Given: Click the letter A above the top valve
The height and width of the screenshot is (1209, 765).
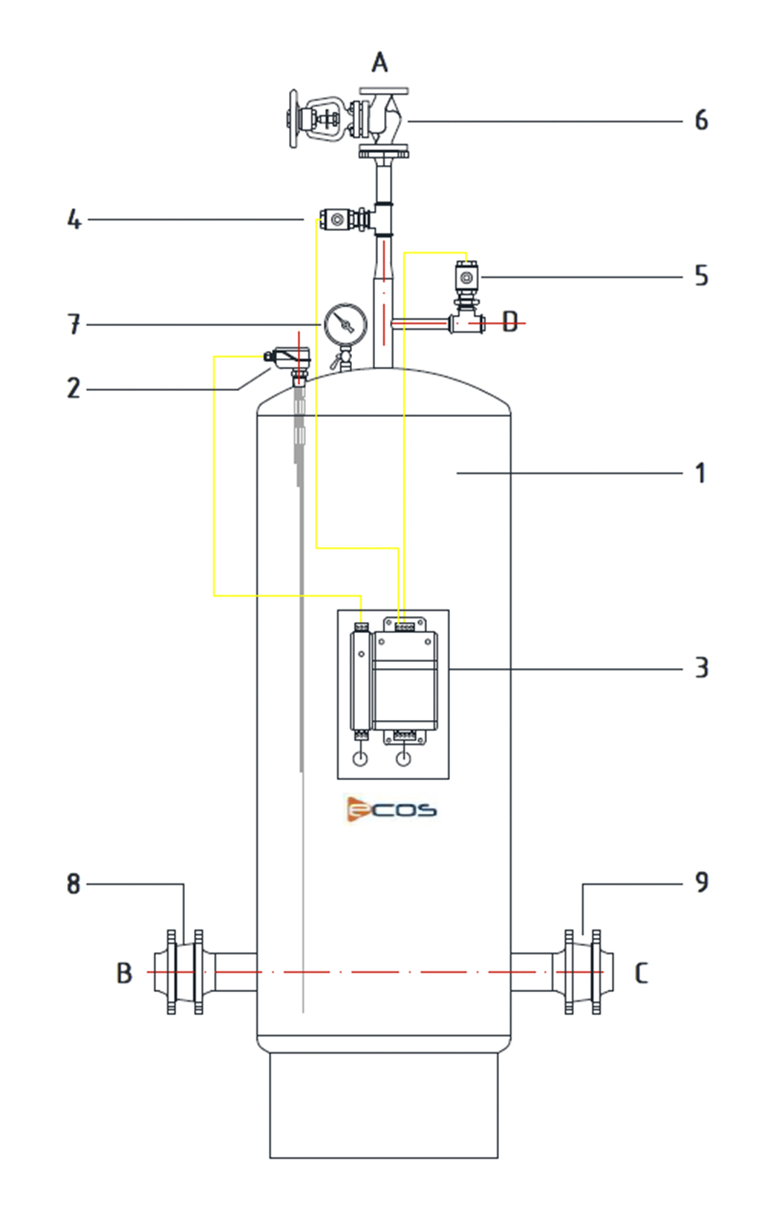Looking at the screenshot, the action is tap(380, 62).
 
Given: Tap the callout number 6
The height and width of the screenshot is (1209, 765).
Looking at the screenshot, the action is tap(701, 120).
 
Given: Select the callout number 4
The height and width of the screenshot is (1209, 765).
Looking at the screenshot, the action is tap(74, 220).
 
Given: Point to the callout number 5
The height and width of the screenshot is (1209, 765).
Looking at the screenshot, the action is tap(701, 276).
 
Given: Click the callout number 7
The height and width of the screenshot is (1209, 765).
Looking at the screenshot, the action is tap(74, 325).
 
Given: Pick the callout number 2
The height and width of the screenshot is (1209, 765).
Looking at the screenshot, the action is tap(74, 389).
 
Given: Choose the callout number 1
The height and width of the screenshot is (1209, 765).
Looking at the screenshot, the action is tap(700, 473).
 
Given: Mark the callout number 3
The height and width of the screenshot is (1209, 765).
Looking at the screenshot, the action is tap(701, 668).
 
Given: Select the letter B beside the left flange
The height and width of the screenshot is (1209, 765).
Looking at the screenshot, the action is tap(124, 973).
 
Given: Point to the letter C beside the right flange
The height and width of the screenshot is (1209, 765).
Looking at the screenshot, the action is tap(641, 973).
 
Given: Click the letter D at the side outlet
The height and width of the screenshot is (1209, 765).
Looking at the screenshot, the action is tap(510, 322).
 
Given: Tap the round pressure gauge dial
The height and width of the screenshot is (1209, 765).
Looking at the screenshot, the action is tap(345, 325).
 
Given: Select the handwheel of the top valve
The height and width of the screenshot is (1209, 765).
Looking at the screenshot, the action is tap(293, 119).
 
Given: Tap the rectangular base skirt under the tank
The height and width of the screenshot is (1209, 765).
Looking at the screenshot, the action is tap(383, 1106).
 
